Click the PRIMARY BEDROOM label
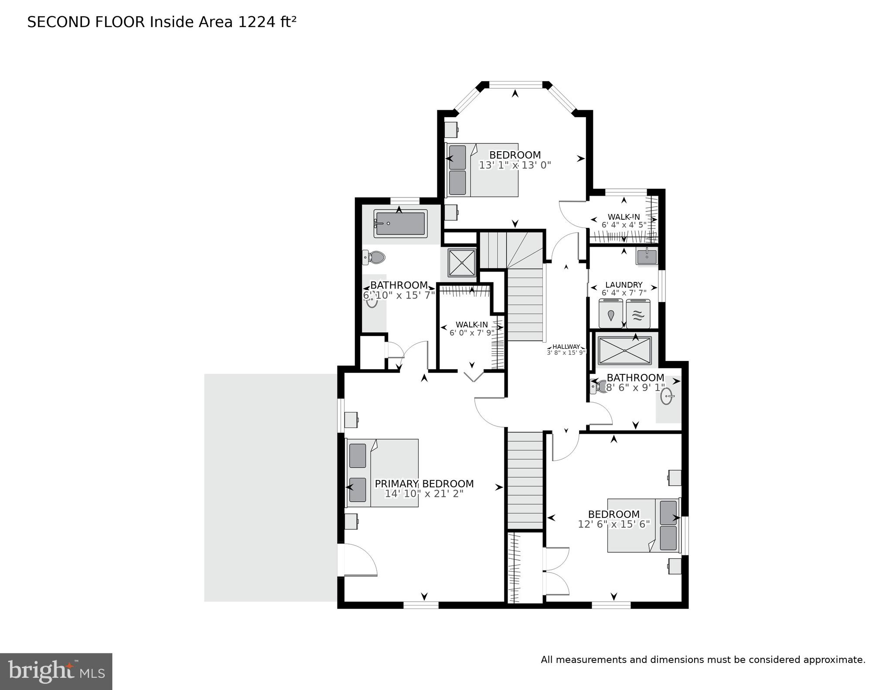[x=424, y=483]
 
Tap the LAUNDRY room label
[x=624, y=285]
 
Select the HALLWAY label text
[x=566, y=347]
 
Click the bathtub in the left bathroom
[x=400, y=224]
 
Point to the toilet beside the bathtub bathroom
[x=374, y=257]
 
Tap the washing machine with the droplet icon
[x=611, y=313]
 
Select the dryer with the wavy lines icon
[x=637, y=313]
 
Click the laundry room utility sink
[x=646, y=257]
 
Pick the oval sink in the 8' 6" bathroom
[x=667, y=397]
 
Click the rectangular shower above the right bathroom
[x=625, y=350]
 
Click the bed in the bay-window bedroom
[x=482, y=170]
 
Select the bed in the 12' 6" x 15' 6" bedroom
[x=643, y=525]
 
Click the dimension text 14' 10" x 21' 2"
[x=424, y=494]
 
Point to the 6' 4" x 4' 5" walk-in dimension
[x=624, y=225]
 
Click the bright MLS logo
[x=56, y=671]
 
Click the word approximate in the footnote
[x=835, y=660]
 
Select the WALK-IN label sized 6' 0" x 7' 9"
[x=472, y=324]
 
